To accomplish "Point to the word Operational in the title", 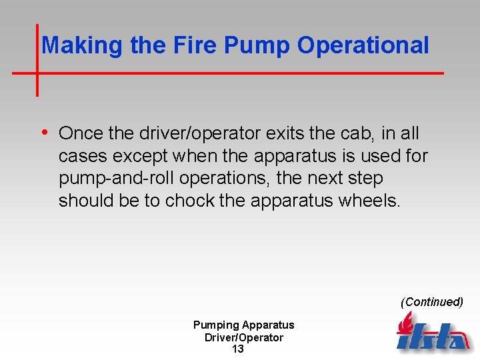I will (363, 45).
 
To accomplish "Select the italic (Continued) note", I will (431, 302).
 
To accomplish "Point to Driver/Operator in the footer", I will (243, 337).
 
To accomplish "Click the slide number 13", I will (238, 349).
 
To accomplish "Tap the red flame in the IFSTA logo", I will (405, 325).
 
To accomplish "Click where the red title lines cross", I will (37, 72).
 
